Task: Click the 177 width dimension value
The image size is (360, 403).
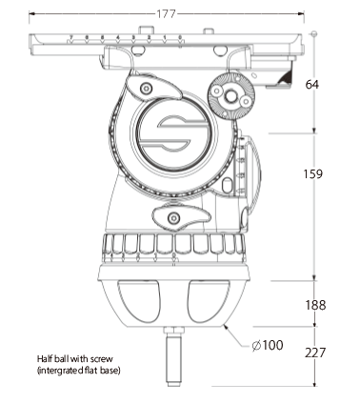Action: click(x=166, y=14)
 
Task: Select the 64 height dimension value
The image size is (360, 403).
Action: click(x=311, y=85)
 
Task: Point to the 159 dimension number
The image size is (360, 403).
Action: click(x=313, y=173)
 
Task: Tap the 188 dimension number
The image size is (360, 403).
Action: click(x=315, y=305)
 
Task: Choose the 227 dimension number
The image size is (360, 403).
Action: click(x=315, y=353)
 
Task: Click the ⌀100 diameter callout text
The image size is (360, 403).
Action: click(x=267, y=345)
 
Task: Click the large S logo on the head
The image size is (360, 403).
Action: click(x=173, y=135)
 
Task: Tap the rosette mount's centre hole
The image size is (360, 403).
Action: click(x=230, y=95)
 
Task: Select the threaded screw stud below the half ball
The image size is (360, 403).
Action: click(x=174, y=357)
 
